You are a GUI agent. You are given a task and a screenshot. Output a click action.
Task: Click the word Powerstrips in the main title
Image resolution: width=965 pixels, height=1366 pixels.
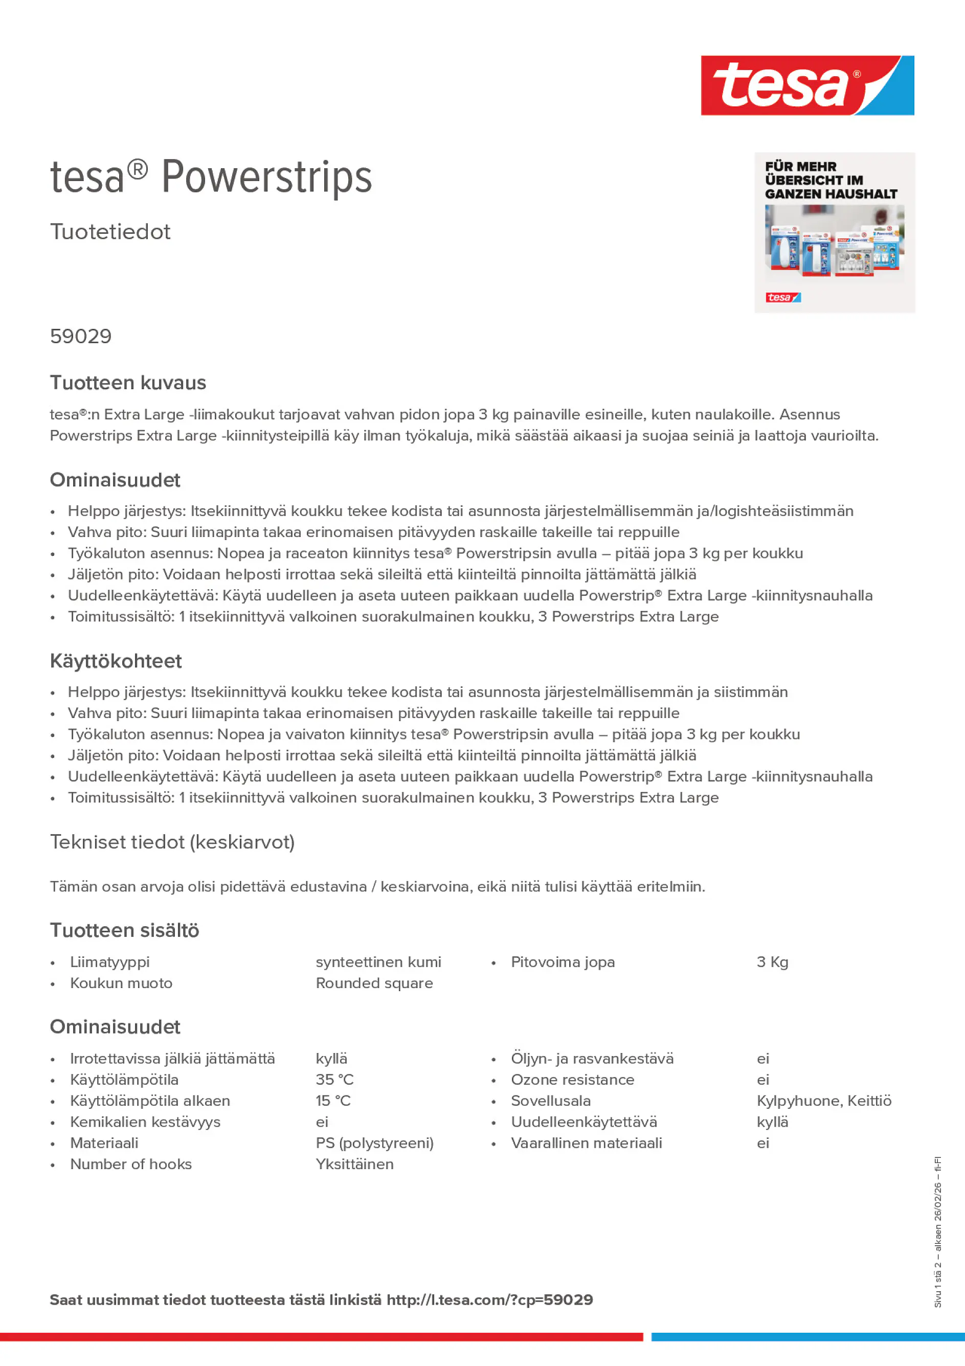point(266,177)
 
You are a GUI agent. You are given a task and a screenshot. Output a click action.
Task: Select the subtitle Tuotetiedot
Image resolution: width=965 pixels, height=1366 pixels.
point(110,232)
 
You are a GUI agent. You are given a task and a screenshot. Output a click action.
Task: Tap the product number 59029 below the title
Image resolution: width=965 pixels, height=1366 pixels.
point(81,336)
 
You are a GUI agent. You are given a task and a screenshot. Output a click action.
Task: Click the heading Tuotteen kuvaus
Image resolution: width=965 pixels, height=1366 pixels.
point(128,383)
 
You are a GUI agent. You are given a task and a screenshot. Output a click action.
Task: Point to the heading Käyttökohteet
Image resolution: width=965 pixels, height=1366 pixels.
point(116,661)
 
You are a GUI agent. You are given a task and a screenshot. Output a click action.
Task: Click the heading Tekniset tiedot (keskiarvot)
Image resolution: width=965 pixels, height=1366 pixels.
point(172,842)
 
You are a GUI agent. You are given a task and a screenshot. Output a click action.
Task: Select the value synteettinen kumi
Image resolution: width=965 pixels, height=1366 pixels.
point(378,962)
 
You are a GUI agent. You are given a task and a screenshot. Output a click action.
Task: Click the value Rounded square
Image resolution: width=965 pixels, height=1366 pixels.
point(374,983)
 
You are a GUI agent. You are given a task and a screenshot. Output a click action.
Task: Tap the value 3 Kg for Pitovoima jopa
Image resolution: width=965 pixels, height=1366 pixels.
point(772,962)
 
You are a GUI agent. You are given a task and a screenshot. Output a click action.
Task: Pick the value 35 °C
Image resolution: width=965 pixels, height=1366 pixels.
point(334,1079)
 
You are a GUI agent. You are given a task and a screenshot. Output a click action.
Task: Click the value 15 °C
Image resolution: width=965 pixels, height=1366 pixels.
point(333,1101)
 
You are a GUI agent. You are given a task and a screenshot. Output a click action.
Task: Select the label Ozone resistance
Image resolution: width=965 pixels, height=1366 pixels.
point(572,1079)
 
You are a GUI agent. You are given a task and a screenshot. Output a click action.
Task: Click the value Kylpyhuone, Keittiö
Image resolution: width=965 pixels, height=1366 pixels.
point(824,1101)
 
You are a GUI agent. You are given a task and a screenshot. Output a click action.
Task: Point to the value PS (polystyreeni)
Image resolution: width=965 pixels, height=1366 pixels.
point(375,1143)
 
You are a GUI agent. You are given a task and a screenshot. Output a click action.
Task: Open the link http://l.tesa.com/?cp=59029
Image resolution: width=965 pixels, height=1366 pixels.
point(489,1300)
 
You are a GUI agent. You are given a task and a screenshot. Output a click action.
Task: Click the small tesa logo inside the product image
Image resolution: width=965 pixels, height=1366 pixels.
point(782,298)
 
